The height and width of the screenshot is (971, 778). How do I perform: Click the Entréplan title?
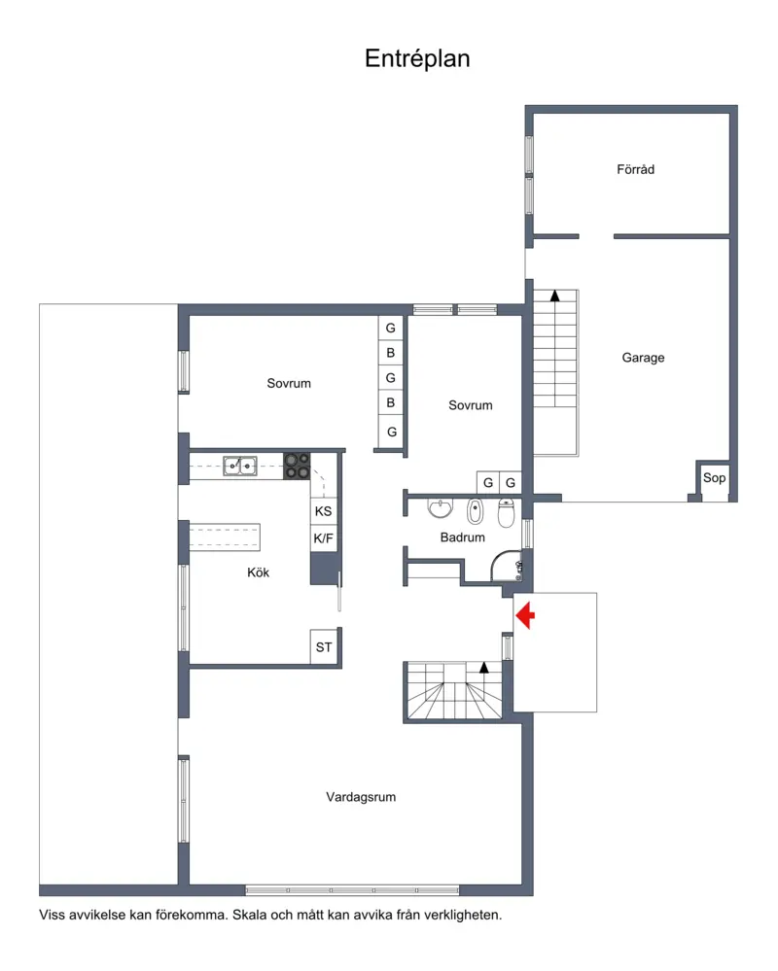tap(417, 59)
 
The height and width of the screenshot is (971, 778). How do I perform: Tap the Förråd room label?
tap(636, 169)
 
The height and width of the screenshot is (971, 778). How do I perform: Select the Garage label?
tap(643, 358)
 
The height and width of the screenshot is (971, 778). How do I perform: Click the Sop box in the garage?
tap(714, 478)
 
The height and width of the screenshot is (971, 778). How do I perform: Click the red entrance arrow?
tap(525, 615)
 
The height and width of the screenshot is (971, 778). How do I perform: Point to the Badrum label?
tap(462, 538)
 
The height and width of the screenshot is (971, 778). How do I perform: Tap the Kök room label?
tap(258, 572)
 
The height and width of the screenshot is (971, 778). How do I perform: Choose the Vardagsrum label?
tap(361, 797)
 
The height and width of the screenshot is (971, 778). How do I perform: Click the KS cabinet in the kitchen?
tap(323, 511)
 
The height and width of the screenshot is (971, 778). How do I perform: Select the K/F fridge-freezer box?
tap(323, 538)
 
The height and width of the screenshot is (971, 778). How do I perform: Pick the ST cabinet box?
tap(324, 647)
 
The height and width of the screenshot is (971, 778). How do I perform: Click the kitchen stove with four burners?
tap(297, 467)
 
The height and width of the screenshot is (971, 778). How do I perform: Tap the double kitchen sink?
tap(240, 466)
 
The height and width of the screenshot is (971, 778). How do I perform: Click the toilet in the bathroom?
tap(506, 513)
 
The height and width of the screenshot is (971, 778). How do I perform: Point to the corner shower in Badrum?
tap(507, 566)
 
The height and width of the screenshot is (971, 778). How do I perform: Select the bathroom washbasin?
tap(440, 508)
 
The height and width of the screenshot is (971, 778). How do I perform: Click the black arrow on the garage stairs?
tap(555, 296)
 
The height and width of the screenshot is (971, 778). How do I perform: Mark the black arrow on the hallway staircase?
tap(483, 668)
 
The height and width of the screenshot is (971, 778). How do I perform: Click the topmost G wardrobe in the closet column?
tap(391, 329)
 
